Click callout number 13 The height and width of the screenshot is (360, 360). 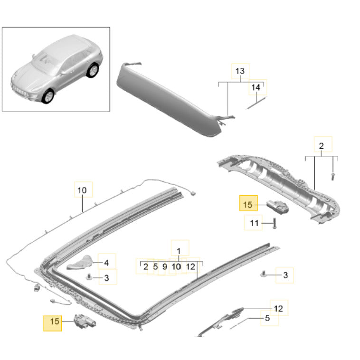click(x=240, y=71)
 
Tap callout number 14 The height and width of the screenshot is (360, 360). click(x=256, y=87)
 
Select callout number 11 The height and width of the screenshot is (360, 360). click(x=254, y=223)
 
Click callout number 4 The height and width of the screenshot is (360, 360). click(x=106, y=263)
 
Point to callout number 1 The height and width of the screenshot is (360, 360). click(x=179, y=251)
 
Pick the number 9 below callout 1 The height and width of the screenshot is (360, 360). click(x=165, y=267)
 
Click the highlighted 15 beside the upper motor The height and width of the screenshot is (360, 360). click(x=248, y=205)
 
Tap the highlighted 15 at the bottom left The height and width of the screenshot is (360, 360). click(x=55, y=321)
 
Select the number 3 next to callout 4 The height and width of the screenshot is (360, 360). click(x=106, y=278)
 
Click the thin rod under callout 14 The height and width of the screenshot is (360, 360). click(x=256, y=104)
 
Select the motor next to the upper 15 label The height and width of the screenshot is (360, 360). click(x=277, y=207)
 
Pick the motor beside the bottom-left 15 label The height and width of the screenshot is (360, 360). click(x=84, y=322)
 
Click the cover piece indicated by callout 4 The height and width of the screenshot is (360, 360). click(x=80, y=263)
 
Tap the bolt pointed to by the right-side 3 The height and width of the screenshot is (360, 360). click(x=263, y=274)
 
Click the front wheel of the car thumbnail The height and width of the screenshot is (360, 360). click(x=48, y=96)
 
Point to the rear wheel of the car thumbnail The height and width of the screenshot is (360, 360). click(x=93, y=70)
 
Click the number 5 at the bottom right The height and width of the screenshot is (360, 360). click(x=267, y=318)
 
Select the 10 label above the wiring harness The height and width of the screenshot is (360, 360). click(x=82, y=190)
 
